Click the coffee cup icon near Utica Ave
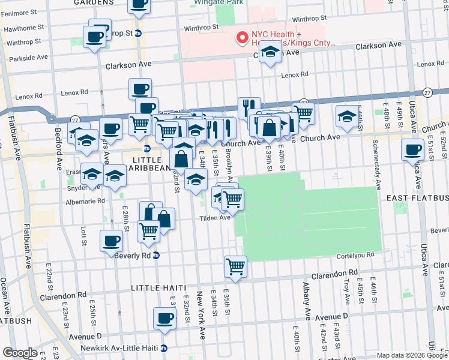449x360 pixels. pyautogui.click(x=412, y=150)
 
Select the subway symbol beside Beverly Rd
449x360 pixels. pyautogui.click(x=156, y=255)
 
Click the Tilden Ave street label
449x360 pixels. pyautogui.click(x=215, y=218)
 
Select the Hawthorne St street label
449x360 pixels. pyautogui.click(x=24, y=28)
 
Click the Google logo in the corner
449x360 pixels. pyautogui.click(x=20, y=352)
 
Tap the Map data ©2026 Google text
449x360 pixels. pyautogui.click(x=411, y=355)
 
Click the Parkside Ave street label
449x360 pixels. pyautogui.click(x=25, y=58)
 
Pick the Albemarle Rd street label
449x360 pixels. pyautogui.click(x=84, y=201)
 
